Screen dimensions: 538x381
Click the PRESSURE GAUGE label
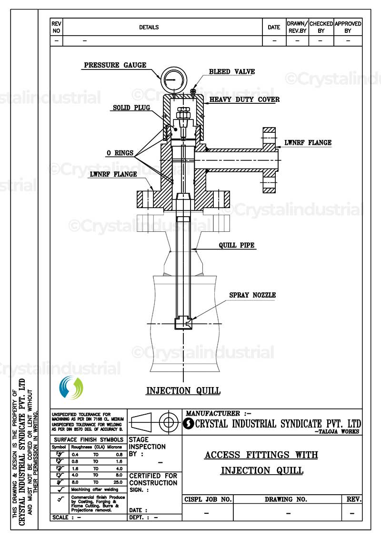[x=115, y=65]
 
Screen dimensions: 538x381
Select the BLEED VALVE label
[x=232, y=72]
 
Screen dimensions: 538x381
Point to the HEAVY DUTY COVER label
[x=244, y=100]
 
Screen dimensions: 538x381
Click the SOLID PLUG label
[x=131, y=108]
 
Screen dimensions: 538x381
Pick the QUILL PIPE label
[x=237, y=246]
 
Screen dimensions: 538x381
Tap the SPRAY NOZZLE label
[x=252, y=295]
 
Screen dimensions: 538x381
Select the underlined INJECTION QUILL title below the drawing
[x=183, y=391]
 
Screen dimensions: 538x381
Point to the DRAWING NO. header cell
[x=286, y=499]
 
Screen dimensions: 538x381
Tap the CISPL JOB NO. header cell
[x=208, y=499]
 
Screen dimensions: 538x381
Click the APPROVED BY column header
[x=348, y=27]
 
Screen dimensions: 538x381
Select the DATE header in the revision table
[x=274, y=27]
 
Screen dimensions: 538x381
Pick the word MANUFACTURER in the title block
[x=213, y=414]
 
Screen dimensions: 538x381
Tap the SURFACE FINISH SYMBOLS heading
[x=89, y=439]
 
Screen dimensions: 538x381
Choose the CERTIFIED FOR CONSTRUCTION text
[x=153, y=479]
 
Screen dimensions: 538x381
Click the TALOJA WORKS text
[x=338, y=431]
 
